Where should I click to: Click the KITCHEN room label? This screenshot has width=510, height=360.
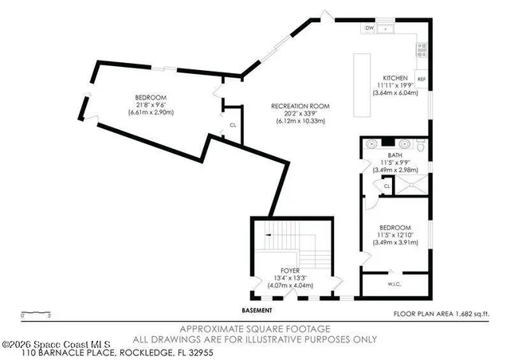pos(395,77)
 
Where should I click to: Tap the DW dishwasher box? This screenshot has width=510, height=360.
pos(370,29)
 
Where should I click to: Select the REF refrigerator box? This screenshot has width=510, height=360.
pos(422,80)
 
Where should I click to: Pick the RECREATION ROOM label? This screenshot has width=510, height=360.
pos(300,106)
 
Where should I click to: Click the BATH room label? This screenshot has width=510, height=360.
pos(394,155)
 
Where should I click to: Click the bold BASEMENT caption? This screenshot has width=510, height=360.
pos(257,310)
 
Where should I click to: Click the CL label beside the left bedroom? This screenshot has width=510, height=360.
pos(232,125)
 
